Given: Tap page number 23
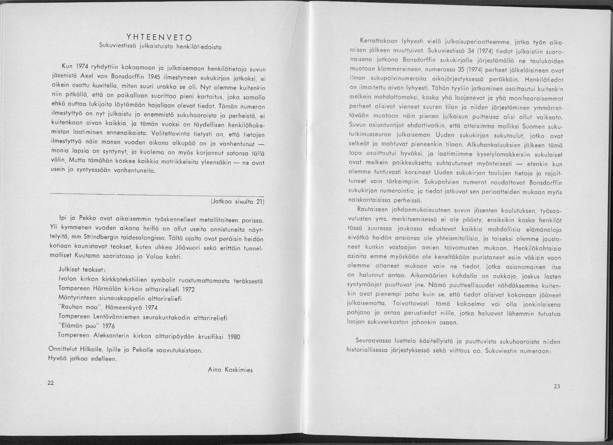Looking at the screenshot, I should click(x=557, y=386).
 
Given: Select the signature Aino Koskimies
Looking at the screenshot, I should click(x=230, y=370).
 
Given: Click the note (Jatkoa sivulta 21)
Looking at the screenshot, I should click(x=237, y=202).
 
